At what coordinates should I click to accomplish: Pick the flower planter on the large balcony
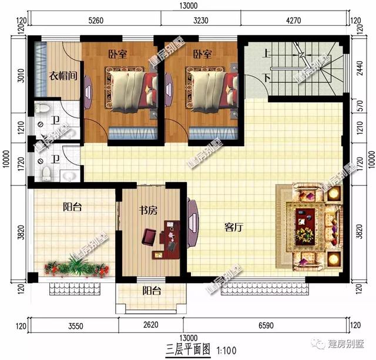coord(77,268)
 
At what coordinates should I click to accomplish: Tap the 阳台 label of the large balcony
coord(72,207)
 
